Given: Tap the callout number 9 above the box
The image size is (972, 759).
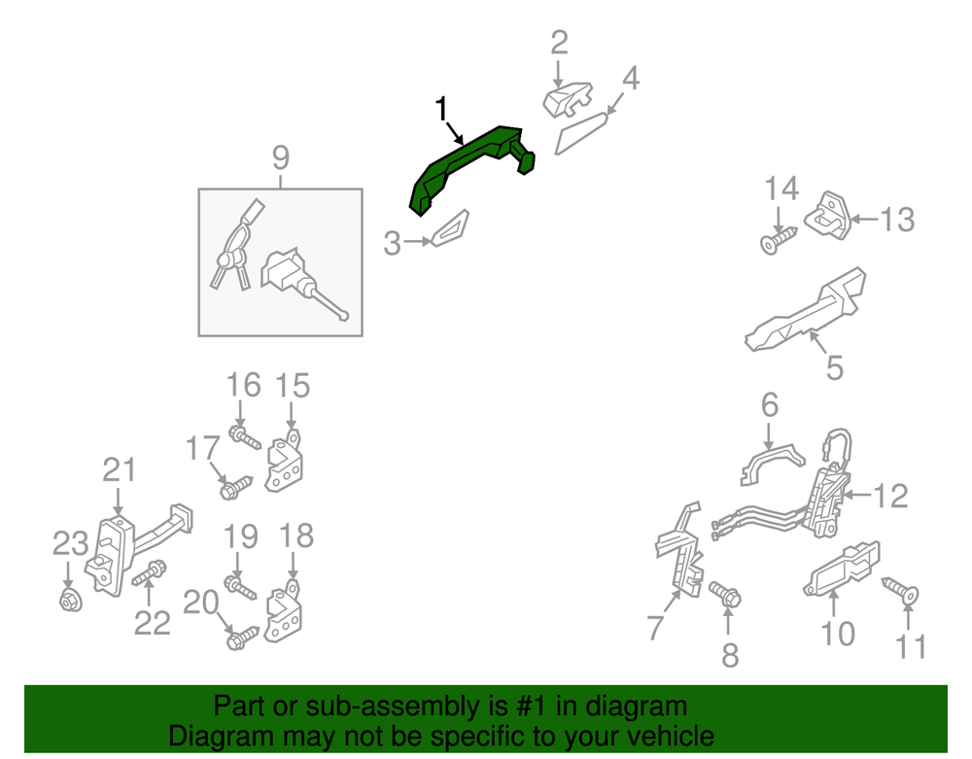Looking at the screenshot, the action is point(281,157).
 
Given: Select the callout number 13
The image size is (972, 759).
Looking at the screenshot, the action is point(897,220).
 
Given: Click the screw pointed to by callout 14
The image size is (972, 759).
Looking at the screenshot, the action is point(778,240).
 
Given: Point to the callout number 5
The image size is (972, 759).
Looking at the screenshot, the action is point(835,367).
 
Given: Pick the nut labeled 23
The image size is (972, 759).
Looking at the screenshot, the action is point(70,601).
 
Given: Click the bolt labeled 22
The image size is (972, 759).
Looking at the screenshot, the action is point(150,573).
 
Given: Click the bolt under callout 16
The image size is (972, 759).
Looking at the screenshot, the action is point(245,436).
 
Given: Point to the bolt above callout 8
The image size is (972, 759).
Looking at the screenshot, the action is point(725,594).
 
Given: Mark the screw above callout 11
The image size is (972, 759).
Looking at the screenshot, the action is point(900,591).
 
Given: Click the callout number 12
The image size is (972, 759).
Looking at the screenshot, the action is point(890,496).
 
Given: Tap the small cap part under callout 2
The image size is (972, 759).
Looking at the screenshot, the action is point(568,99).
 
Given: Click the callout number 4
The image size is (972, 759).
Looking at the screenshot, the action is point(631,79).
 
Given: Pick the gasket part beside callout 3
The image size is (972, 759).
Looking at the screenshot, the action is point(451,228).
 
